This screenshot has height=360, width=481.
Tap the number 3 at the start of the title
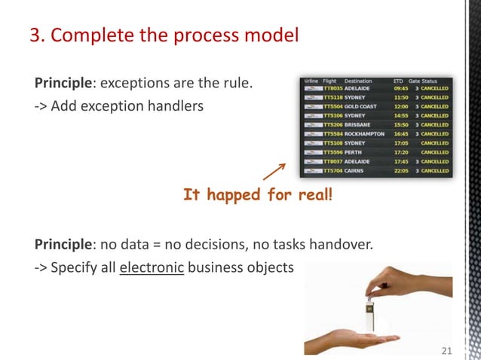pyautogui.click(x=35, y=35)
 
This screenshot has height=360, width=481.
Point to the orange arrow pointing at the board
pyautogui.click(x=274, y=172)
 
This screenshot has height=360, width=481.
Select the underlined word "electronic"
pyautogui.click(x=152, y=268)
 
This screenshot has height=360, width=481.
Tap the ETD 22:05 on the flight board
pyautogui.click(x=401, y=171)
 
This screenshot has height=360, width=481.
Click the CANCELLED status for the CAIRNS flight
pyautogui.click(x=435, y=171)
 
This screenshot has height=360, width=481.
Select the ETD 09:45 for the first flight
pyautogui.click(x=401, y=88)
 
